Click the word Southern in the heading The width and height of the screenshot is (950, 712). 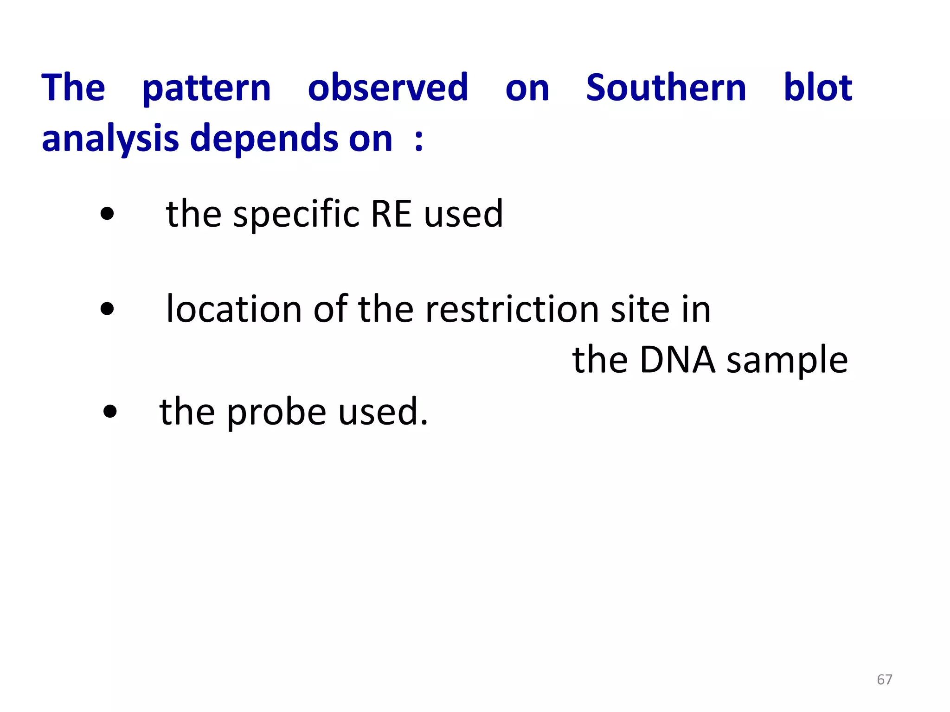tap(666, 88)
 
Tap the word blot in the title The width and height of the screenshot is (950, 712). tap(817, 88)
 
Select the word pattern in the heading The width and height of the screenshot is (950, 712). tap(206, 89)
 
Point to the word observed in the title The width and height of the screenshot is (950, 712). tap(388, 88)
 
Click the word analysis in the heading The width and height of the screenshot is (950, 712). tap(110, 139)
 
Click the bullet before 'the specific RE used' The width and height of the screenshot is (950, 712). tap(107, 214)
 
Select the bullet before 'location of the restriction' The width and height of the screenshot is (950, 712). tap(107, 309)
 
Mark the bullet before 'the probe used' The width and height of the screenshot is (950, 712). tap(110, 412)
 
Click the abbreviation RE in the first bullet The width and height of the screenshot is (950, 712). tap(391, 214)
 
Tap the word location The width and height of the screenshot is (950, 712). tap(234, 309)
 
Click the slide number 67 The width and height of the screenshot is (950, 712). tap(884, 680)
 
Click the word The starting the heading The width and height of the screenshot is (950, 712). tap(73, 88)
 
